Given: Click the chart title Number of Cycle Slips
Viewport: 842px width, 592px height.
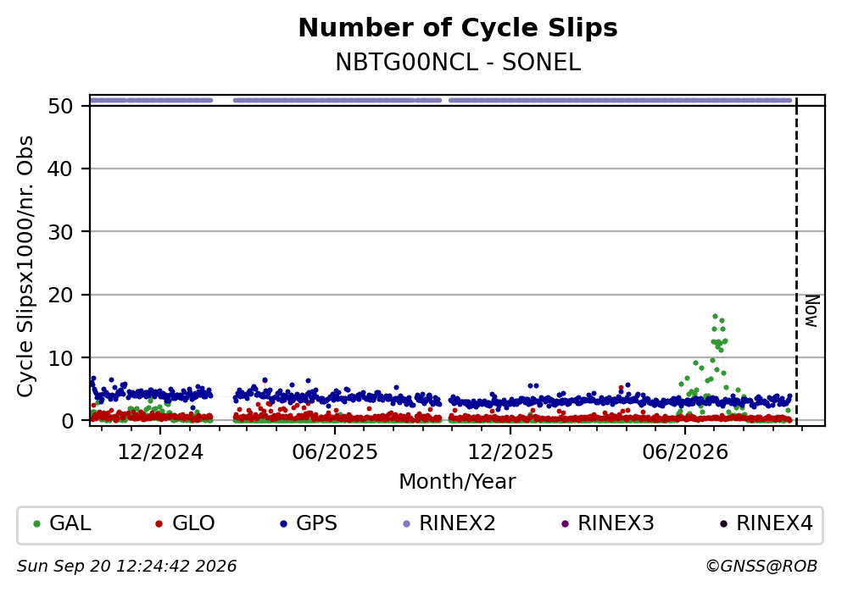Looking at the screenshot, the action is pyautogui.click(x=458, y=28).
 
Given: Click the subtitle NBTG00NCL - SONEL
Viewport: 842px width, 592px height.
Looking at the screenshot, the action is pyautogui.click(x=458, y=62).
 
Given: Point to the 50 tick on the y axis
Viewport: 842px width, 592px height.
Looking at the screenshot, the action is pyautogui.click(x=60, y=106).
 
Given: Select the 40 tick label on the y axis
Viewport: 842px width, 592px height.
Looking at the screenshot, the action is pyautogui.click(x=60, y=169).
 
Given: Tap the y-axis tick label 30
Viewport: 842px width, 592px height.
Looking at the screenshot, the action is pyautogui.click(x=60, y=232).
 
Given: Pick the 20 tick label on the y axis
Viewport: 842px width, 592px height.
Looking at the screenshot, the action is pyautogui.click(x=60, y=295).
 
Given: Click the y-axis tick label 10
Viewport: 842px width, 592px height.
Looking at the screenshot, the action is pyautogui.click(x=60, y=357).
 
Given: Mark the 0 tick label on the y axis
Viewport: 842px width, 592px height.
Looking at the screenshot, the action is pyautogui.click(x=67, y=421).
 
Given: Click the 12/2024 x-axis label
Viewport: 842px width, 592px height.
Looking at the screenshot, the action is pyautogui.click(x=160, y=452).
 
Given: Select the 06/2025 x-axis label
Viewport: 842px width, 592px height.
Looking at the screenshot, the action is pyautogui.click(x=335, y=452).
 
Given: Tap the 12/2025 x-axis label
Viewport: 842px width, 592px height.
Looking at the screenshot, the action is pyautogui.click(x=510, y=452).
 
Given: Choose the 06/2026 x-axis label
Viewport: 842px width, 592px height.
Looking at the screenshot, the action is pyautogui.click(x=685, y=452).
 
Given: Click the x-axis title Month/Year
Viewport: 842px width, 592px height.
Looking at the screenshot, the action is pyautogui.click(x=457, y=482).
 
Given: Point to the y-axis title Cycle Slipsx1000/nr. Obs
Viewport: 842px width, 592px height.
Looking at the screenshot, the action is pyautogui.click(x=25, y=267).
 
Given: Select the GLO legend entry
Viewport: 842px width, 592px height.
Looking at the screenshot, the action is pyautogui.click(x=185, y=523).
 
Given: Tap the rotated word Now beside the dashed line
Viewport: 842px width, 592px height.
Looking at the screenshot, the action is pyautogui.click(x=812, y=311).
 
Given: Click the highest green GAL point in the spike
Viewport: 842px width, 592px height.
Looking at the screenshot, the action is pyautogui.click(x=715, y=317).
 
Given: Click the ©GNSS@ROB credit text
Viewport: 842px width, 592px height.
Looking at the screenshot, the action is pyautogui.click(x=761, y=567).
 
